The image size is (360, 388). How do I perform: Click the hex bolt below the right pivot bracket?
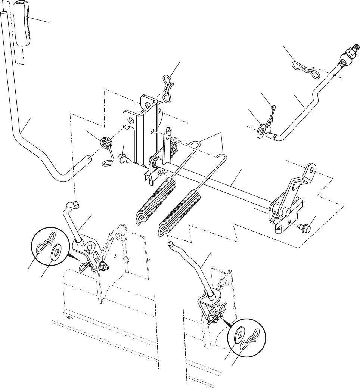click(303, 226)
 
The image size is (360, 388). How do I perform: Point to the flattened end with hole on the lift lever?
click(89, 159)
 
